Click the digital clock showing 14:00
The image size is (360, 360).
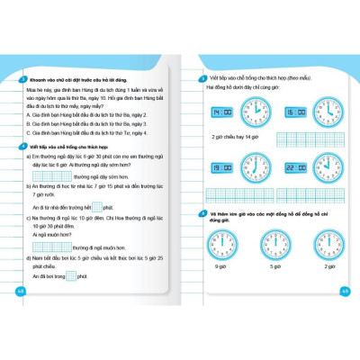tap(220, 112)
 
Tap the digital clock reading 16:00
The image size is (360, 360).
tap(295, 112)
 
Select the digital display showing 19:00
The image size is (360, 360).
tap(220, 167)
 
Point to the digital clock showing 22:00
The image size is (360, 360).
tap(295, 167)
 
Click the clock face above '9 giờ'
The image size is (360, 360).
tap(221, 244)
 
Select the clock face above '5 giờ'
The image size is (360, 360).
tap(275, 244)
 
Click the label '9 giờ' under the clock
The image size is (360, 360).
tap(221, 266)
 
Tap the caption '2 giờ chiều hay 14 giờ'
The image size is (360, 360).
tap(236, 137)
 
